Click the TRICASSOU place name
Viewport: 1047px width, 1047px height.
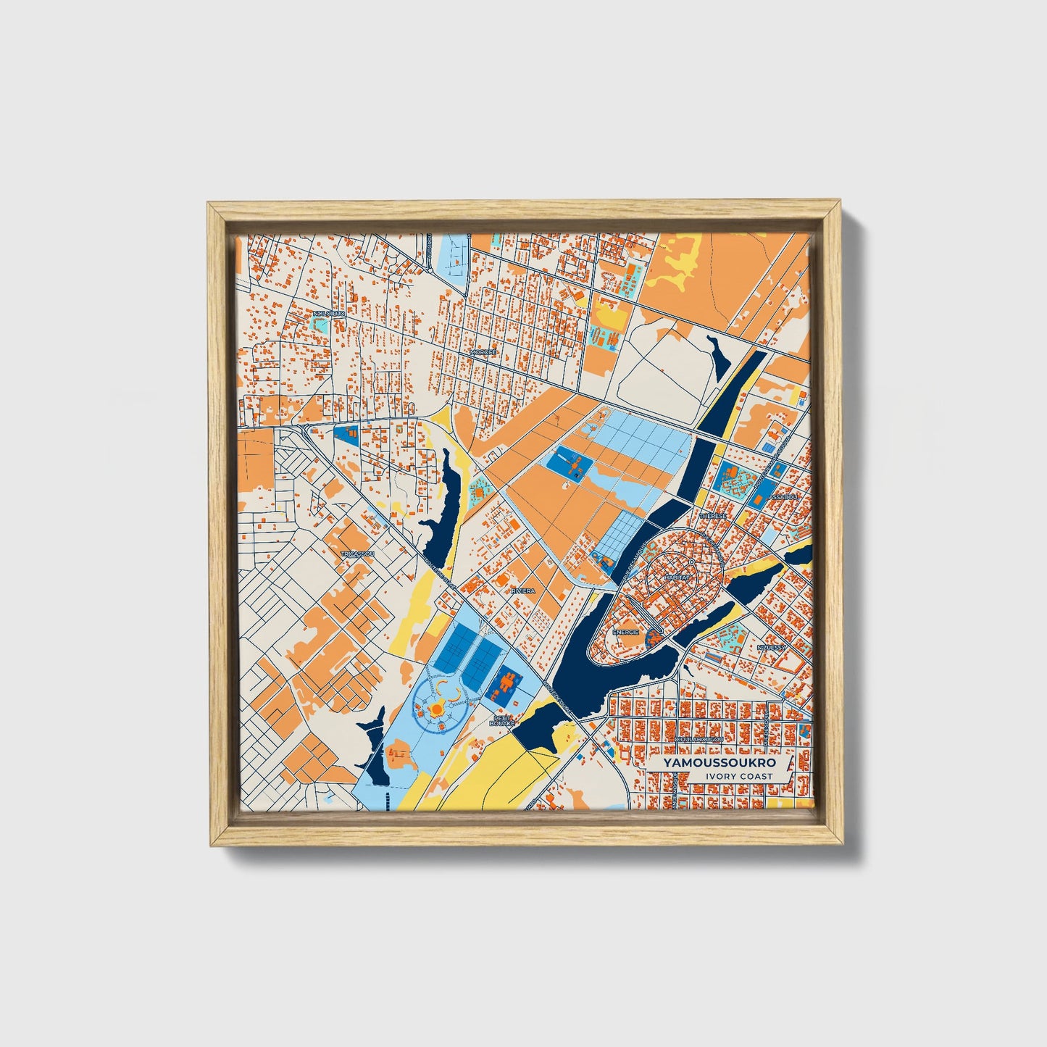356,554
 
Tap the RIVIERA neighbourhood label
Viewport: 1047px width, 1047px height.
523,591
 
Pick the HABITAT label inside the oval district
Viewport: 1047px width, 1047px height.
677,577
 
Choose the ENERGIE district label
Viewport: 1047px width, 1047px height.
625,632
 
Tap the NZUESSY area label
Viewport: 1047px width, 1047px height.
771,647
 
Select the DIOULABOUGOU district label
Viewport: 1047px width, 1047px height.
698,740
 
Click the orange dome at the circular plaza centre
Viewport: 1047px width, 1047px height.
438,708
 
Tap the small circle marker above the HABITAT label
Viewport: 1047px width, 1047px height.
692,562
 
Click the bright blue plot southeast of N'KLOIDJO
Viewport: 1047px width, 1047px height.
346,435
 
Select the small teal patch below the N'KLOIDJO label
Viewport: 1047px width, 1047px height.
321,325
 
